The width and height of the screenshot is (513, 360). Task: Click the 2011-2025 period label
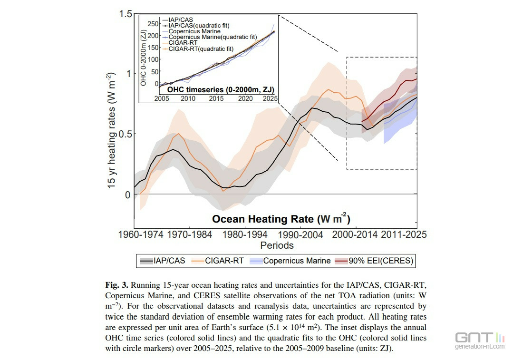403,234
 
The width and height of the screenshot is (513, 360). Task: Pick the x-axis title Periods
277,245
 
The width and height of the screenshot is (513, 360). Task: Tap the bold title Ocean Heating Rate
281,219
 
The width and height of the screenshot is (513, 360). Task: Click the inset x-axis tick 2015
216,98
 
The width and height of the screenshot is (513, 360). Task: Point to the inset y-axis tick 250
153,23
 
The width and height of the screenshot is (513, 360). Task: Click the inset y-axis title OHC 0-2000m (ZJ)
144,57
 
